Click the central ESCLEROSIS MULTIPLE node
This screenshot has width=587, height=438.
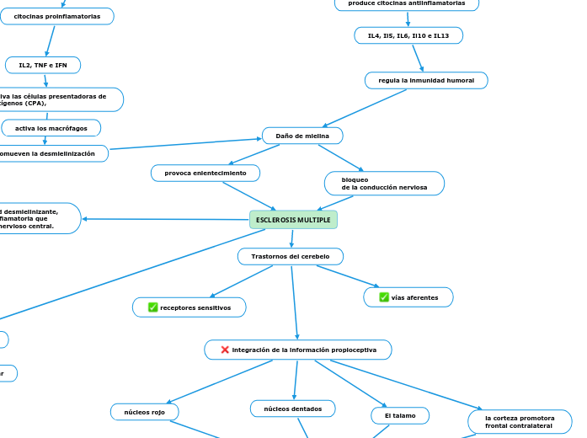point(293,220)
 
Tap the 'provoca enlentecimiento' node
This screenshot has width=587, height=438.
point(205,173)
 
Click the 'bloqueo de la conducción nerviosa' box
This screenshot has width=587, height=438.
point(384,184)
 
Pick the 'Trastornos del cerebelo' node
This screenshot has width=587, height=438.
point(291,256)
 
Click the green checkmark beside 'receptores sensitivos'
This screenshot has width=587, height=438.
point(152,307)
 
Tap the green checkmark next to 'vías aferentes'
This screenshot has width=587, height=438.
point(384,297)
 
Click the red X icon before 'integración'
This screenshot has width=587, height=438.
point(225,350)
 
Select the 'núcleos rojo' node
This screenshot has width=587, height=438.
point(144,412)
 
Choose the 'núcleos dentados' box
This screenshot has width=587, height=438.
point(292,409)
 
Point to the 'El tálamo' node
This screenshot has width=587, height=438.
point(400,415)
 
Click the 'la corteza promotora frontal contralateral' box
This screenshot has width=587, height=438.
point(520,421)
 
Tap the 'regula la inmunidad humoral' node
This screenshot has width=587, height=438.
point(426,80)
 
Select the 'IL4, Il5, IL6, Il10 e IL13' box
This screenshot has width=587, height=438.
point(408,35)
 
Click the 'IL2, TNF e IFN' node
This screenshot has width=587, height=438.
point(43,65)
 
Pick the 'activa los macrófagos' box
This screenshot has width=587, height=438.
point(51,128)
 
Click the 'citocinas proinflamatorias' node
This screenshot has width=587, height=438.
point(56,16)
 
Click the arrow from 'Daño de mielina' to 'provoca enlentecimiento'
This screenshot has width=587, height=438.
point(254,155)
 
